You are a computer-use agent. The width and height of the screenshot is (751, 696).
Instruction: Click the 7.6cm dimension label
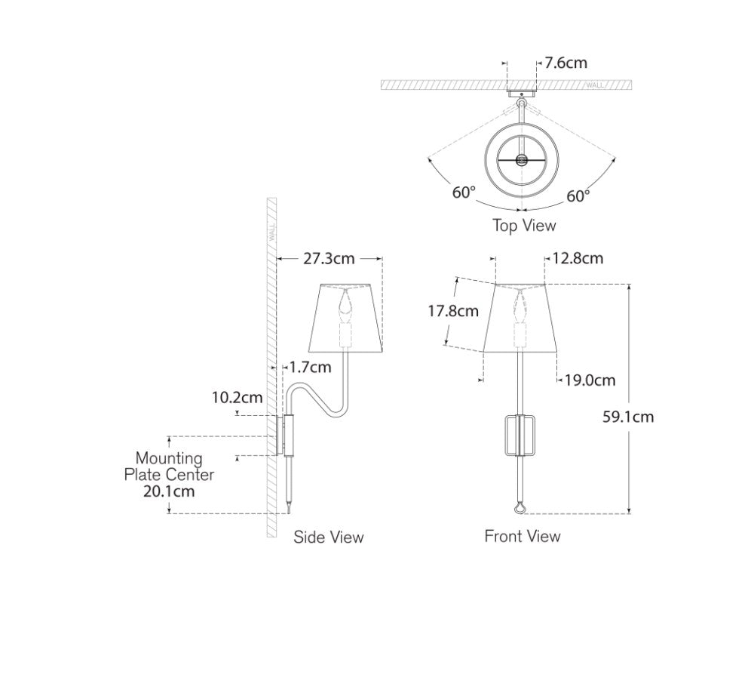point(566,63)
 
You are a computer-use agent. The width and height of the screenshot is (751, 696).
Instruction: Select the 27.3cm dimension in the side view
point(329,259)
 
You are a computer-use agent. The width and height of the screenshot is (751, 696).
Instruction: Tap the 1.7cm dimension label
point(310,368)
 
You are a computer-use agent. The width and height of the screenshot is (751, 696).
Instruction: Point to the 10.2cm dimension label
point(237,397)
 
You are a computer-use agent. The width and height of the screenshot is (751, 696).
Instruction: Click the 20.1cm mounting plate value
point(169,491)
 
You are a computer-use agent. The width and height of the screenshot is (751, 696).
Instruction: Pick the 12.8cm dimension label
point(578,258)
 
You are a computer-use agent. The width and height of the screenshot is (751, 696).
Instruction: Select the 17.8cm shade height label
point(453,311)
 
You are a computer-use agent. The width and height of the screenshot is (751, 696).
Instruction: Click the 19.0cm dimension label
point(590,380)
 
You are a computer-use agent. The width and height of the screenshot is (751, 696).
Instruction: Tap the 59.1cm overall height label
point(628,417)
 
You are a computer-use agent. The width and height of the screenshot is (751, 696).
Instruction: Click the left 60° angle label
point(464,192)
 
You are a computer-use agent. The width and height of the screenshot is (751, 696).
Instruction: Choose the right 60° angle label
point(578,196)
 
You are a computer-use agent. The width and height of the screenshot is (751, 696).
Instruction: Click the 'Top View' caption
point(525,225)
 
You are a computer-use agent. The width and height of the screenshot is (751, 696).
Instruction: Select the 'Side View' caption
point(329,537)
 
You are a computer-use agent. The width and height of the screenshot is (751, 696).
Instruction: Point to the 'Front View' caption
point(523,536)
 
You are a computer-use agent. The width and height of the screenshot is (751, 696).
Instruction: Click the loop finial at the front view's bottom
point(520,508)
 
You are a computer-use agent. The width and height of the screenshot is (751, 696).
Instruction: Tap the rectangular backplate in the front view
point(520,436)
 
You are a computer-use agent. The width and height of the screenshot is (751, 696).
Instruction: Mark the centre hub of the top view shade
point(520,160)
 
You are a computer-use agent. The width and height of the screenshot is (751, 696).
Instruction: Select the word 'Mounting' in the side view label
point(169,459)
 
